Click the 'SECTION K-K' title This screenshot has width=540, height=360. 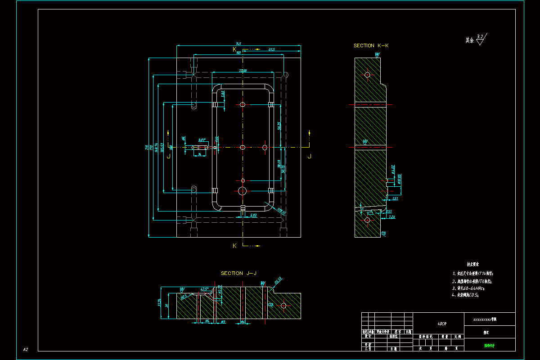coord(371,45)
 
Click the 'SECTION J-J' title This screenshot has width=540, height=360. coord(238,273)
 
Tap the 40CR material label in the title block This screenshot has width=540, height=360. coord(442,324)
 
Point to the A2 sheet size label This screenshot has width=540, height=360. coord(26,349)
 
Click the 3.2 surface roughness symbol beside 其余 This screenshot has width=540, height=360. coord(481,39)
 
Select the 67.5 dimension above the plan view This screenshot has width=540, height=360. coord(272,49)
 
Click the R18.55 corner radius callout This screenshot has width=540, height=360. coord(281,211)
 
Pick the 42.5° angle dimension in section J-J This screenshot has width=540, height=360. coord(204,289)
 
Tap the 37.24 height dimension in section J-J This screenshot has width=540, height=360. coord(160,303)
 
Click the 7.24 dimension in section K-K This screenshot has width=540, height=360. coord(391,217)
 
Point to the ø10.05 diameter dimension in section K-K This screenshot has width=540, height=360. coord(399,179)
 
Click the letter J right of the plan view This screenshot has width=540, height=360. coord(309,156)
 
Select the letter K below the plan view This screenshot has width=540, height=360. coord(234,246)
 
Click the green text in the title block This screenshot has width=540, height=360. coord(489,346)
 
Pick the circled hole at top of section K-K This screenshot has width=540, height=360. coord(367,74)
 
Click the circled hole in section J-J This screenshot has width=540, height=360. coord(283,306)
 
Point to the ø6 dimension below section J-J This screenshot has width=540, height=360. coord(207,321)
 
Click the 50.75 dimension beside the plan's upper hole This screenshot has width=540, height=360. coord(279,126)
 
